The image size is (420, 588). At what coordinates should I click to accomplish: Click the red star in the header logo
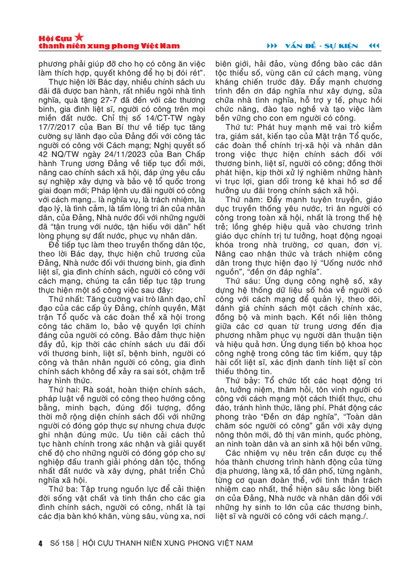(79, 37)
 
